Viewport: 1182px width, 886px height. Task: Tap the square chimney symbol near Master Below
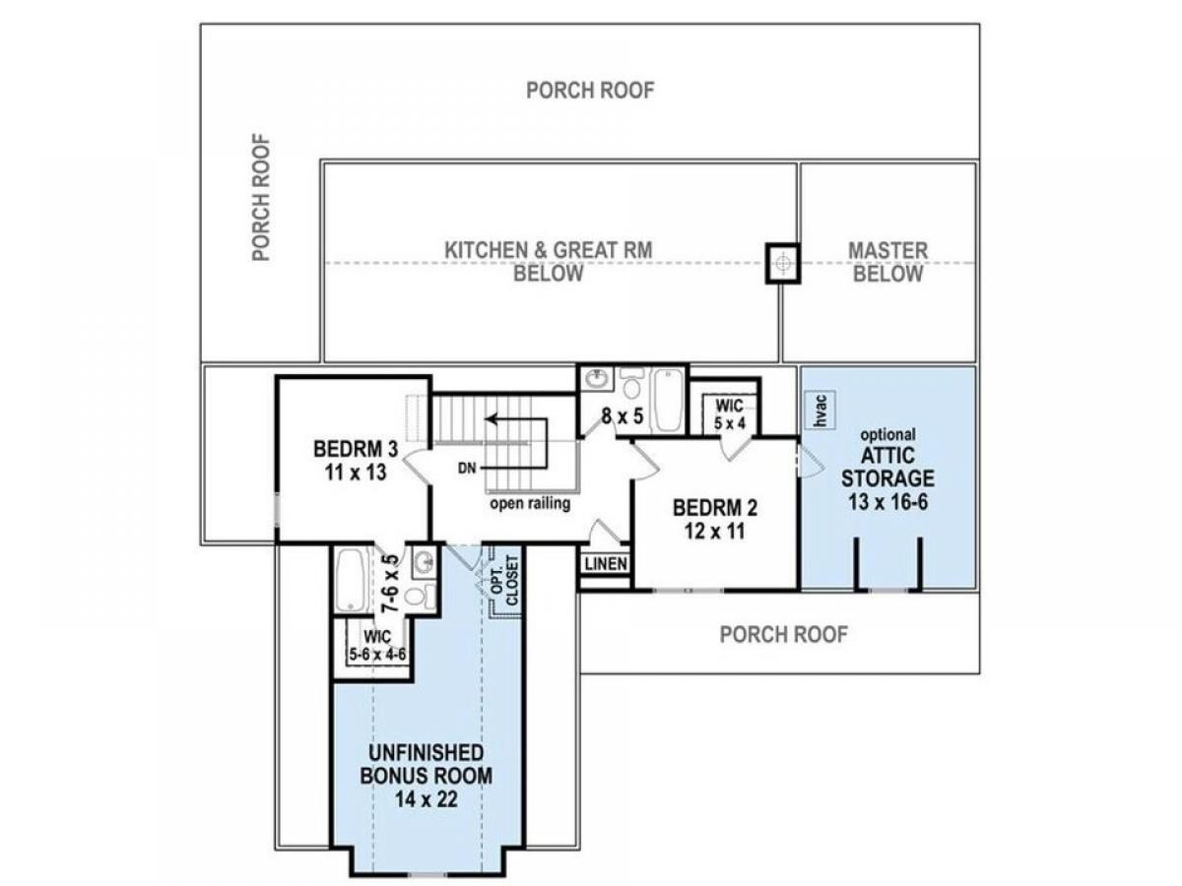(x=783, y=263)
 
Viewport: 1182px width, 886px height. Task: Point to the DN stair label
(x=467, y=468)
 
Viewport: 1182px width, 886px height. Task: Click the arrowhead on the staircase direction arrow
(x=490, y=418)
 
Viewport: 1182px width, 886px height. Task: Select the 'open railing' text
(x=530, y=503)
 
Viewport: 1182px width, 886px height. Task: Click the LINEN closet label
(x=606, y=563)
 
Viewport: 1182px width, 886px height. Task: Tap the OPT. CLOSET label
(x=504, y=580)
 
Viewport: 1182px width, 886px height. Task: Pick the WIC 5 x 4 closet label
(x=730, y=413)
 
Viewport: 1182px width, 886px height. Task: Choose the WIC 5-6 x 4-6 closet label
(x=377, y=646)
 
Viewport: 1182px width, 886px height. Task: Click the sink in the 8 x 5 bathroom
(x=596, y=380)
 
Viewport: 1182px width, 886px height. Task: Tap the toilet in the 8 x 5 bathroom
(x=631, y=383)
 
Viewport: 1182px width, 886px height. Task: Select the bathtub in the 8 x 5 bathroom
(x=668, y=400)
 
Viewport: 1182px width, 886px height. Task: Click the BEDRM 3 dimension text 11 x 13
(x=356, y=473)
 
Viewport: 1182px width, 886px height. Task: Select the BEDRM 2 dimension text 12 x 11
(x=714, y=532)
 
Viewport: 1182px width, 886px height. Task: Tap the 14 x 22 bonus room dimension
(x=426, y=799)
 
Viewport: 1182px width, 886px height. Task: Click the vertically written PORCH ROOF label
(x=261, y=198)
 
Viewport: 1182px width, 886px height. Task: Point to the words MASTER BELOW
(x=887, y=262)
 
